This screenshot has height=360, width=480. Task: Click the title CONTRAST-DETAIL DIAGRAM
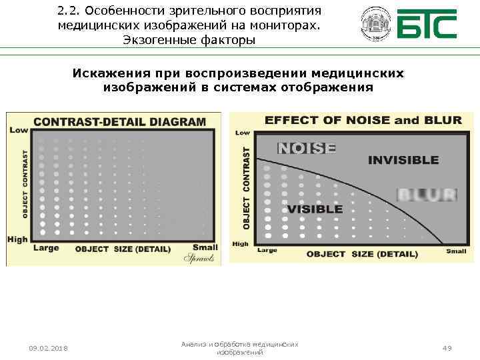pos(119,121)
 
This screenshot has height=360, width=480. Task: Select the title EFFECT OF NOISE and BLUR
pos(363,120)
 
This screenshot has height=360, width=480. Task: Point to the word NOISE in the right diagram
pos(307,149)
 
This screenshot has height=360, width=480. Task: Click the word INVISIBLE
pos(403,160)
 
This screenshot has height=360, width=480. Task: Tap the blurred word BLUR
pos(427,195)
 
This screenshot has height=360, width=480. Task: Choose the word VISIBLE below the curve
pos(315,209)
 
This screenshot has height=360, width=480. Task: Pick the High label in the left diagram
pos(18,239)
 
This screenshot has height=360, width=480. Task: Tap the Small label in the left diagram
pos(205,247)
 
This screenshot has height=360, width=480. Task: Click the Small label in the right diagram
pos(457,251)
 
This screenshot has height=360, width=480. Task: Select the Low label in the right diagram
pos(243,133)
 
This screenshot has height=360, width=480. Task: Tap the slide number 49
pos(447,348)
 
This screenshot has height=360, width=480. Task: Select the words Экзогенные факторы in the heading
pos(189,40)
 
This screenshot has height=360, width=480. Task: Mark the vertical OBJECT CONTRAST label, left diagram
pos(25,183)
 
